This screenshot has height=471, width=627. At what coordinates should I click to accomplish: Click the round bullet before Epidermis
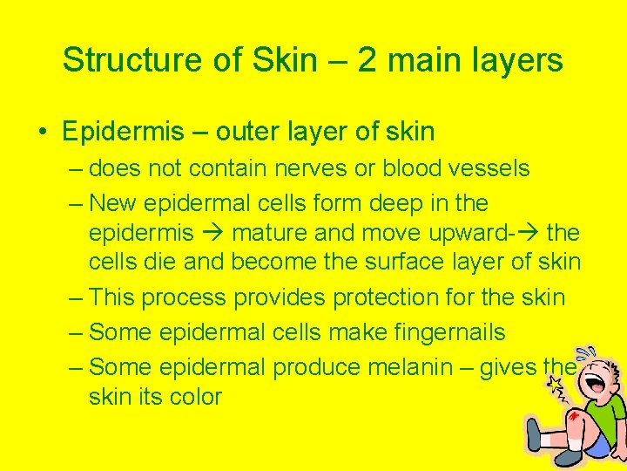coord(43,133)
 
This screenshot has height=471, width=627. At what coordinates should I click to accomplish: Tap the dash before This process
coord(76,297)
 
